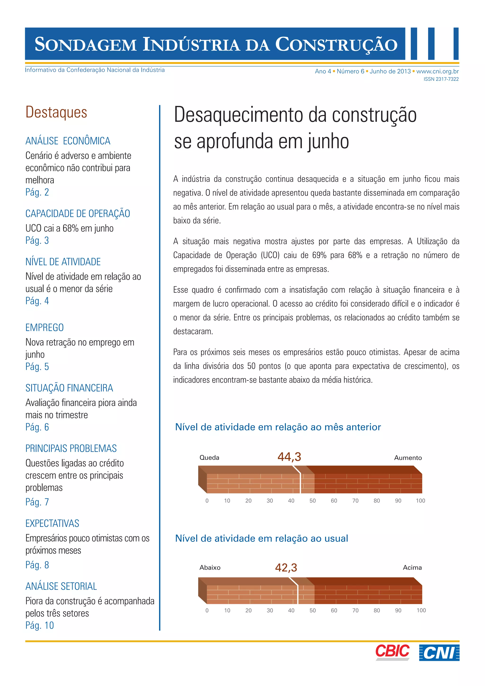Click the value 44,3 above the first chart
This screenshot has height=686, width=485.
pyautogui.click(x=289, y=456)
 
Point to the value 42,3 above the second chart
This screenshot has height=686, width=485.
pyautogui.click(x=286, y=567)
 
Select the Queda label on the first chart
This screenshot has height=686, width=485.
pyautogui.click(x=209, y=457)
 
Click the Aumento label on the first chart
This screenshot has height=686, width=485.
pyautogui.click(x=408, y=458)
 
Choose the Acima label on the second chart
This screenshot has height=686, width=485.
pyautogui.click(x=412, y=567)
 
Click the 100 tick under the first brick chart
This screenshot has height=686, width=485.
pyautogui.click(x=420, y=501)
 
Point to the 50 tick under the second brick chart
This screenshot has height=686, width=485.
pyautogui.click(x=312, y=610)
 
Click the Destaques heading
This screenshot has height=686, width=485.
pyautogui.click(x=56, y=112)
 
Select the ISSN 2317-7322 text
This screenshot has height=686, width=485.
pyautogui.click(x=441, y=79)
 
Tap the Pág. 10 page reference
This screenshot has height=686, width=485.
pyautogui.click(x=39, y=625)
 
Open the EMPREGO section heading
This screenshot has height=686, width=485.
pyautogui.click(x=45, y=327)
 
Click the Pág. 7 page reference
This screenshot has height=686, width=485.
pyautogui.click(x=37, y=502)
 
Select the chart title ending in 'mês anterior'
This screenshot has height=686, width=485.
pyautogui.click(x=278, y=427)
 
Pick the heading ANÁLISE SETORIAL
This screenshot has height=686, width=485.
pyautogui.click(x=61, y=586)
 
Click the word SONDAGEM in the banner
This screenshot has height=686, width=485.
pyautogui.click(x=85, y=45)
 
